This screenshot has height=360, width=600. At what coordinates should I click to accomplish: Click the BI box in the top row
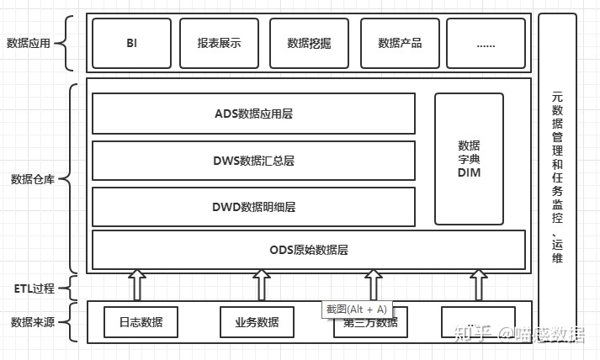click(x=131, y=42)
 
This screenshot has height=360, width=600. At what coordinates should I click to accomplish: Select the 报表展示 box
click(x=219, y=42)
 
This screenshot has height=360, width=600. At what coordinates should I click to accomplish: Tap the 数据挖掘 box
click(x=309, y=42)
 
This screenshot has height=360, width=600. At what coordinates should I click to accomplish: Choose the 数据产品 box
click(x=400, y=42)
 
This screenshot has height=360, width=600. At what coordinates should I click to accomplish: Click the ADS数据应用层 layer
click(x=253, y=114)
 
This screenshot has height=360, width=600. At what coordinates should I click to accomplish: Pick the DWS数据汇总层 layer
click(x=253, y=161)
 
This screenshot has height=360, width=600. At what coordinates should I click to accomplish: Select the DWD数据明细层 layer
click(x=253, y=207)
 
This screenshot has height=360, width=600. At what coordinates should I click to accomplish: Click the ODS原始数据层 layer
click(x=308, y=250)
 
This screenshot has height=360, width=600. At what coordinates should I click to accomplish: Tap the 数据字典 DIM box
click(x=469, y=159)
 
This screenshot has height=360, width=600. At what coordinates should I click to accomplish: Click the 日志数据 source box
click(x=141, y=322)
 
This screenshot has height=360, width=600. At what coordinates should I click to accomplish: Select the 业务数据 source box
click(x=257, y=322)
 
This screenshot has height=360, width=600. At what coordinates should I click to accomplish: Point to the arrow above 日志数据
click(x=137, y=285)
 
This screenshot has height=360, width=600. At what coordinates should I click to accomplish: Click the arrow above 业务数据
click(x=261, y=285)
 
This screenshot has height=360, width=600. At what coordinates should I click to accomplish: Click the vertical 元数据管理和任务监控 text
click(x=557, y=168)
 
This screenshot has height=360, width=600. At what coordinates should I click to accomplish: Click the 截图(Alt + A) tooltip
click(x=357, y=309)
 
